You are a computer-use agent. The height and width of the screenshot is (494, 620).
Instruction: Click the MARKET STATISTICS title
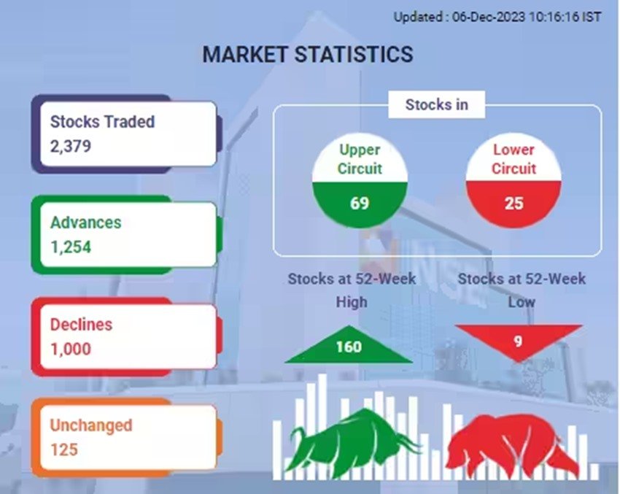(308, 54)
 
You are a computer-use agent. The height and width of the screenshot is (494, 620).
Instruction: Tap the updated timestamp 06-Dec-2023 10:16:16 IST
(527, 17)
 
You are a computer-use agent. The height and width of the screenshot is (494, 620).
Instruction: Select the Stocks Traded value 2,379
(70, 147)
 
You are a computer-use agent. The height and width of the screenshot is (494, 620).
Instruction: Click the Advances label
(86, 223)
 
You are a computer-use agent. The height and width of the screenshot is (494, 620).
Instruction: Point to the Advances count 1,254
(70, 247)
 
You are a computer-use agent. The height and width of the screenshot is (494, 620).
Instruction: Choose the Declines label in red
(81, 324)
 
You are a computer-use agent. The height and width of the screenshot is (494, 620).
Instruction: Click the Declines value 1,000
(70, 349)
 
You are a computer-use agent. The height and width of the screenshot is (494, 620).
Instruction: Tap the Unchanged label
(91, 425)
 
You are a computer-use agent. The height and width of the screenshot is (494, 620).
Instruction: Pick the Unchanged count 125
(63, 449)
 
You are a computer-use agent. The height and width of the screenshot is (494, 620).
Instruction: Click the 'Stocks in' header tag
(436, 105)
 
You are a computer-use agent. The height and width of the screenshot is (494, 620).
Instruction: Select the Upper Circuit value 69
(360, 203)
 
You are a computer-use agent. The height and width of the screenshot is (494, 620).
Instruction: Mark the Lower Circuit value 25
(514, 204)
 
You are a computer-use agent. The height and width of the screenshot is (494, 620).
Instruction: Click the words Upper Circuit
(360, 159)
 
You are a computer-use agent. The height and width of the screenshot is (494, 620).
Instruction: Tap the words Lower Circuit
(514, 159)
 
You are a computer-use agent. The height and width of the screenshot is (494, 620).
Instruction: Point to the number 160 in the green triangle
(349, 347)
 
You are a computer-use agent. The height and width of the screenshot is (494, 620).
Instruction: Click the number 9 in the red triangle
(518, 341)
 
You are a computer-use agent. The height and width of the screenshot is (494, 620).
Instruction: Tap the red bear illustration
(510, 445)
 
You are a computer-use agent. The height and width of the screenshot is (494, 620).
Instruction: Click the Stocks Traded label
(102, 122)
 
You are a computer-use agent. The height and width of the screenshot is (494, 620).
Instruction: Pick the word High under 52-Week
(352, 302)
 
